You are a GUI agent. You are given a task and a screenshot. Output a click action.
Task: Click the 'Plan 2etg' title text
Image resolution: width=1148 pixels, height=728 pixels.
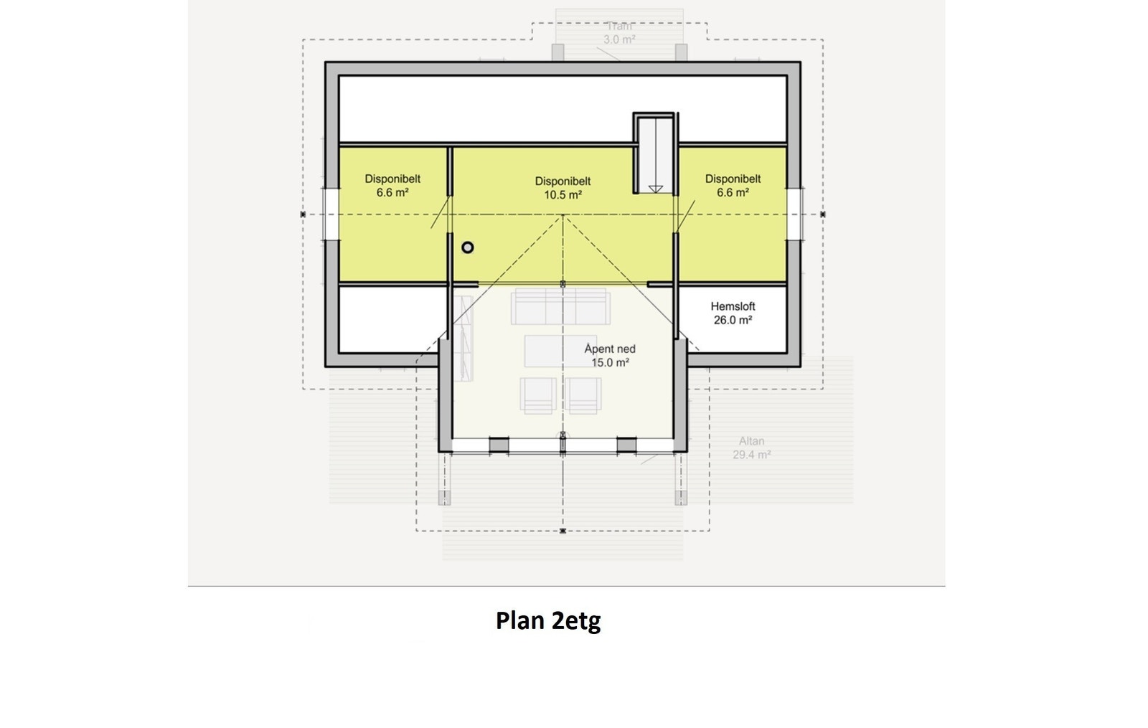click(548, 620)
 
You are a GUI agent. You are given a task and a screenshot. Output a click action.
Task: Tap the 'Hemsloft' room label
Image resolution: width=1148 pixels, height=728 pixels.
click(733, 306)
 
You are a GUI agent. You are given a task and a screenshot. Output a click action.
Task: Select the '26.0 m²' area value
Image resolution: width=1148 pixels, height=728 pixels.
click(733, 320)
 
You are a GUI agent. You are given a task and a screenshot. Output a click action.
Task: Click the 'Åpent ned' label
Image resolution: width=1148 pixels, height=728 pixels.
click(610, 349)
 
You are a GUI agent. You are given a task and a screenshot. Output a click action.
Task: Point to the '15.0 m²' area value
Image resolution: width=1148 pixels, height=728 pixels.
click(610, 363)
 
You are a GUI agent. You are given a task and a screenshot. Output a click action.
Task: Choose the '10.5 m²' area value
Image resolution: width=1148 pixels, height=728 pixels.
click(563, 195)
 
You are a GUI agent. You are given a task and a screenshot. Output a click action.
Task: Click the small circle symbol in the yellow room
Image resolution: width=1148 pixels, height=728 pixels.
click(468, 247)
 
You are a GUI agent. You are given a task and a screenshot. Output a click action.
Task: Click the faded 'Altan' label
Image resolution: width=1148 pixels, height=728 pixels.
click(752, 441)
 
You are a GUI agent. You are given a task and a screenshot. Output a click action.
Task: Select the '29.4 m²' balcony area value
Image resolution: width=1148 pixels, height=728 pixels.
click(752, 455)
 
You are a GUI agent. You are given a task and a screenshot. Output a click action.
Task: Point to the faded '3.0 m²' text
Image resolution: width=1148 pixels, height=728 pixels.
click(618, 39)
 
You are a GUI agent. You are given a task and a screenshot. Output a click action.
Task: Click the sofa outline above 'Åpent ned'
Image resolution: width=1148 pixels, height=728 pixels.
click(560, 308)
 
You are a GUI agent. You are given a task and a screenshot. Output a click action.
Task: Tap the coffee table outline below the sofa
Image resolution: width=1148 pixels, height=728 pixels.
click(550, 351)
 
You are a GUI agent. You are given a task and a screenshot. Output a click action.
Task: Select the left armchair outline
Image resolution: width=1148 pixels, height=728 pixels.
click(538, 395)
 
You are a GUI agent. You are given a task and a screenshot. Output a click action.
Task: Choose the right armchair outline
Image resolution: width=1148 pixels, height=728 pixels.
click(583, 395)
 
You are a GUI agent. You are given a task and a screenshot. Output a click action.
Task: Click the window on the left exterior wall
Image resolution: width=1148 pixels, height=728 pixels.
click(331, 214)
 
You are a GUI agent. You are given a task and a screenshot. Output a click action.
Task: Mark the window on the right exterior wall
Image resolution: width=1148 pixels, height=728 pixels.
click(794, 214)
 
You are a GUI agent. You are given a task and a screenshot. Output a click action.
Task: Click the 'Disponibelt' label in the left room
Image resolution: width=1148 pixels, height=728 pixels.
click(392, 179)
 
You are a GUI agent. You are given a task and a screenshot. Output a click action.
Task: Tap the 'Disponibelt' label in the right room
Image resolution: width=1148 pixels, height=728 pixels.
click(733, 179)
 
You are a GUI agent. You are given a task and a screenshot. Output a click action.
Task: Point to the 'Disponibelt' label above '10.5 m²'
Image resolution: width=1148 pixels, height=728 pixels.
click(563, 181)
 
